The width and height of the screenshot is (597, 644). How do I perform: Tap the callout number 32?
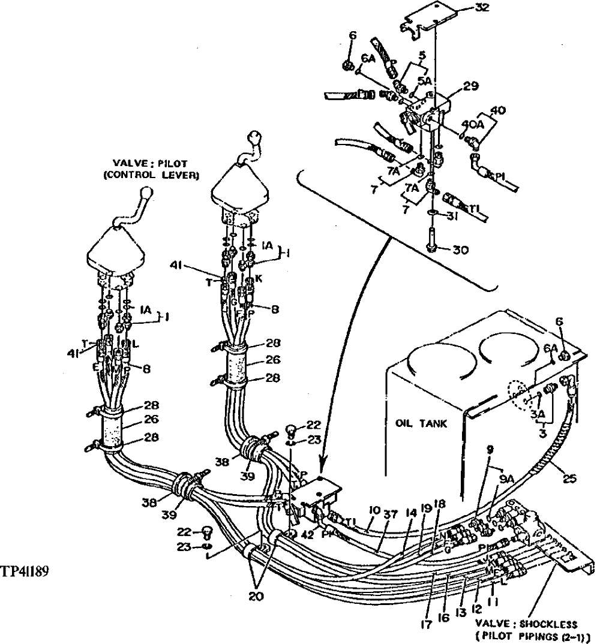pyautogui.click(x=481, y=8)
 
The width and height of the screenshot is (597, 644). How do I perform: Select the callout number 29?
pyautogui.click(x=470, y=88)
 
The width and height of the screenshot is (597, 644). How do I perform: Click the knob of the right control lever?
pyautogui.click(x=255, y=139)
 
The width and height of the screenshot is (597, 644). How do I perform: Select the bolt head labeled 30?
pyautogui.click(x=430, y=246)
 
